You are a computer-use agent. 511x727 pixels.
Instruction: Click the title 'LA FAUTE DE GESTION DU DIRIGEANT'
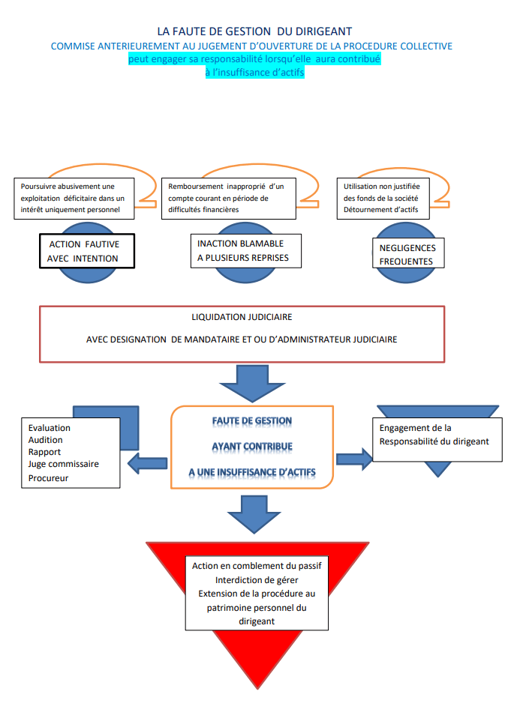(x=254, y=31)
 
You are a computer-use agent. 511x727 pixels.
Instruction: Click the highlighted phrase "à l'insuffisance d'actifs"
(x=254, y=72)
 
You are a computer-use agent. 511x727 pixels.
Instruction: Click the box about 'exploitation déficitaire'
(x=74, y=198)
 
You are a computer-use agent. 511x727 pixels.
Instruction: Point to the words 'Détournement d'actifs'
(x=380, y=210)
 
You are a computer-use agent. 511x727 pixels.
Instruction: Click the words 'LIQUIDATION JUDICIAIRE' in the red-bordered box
(x=242, y=317)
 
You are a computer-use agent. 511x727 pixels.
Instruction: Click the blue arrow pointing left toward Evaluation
(x=148, y=464)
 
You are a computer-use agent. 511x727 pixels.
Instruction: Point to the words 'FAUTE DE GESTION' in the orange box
(x=251, y=421)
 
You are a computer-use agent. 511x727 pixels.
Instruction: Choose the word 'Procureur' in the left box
(x=49, y=477)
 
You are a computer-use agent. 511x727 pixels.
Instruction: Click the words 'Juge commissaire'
(x=64, y=464)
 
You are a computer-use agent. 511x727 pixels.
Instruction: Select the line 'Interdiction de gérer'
(x=257, y=580)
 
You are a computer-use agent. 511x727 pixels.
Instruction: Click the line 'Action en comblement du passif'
(x=257, y=566)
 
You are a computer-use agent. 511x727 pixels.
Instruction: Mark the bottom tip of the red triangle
(x=257, y=687)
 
